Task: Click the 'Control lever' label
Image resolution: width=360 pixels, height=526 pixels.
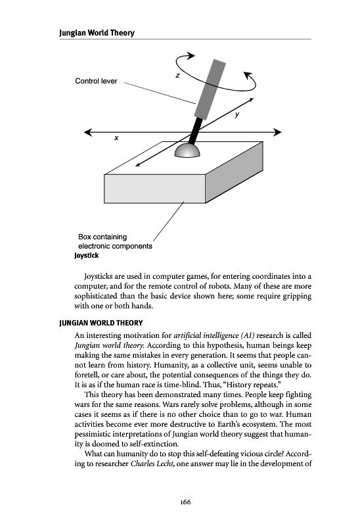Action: (x=96, y=81)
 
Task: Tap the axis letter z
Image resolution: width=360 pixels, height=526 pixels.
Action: (x=177, y=76)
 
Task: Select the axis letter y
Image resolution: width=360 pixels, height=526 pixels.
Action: (x=237, y=114)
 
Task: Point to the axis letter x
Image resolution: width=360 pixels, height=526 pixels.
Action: (x=116, y=137)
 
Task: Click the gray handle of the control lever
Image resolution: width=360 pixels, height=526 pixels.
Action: (x=210, y=89)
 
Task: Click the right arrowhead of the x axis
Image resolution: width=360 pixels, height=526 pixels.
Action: (x=277, y=132)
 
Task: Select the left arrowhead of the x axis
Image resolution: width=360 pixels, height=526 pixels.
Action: (x=88, y=132)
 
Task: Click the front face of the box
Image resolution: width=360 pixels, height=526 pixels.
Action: (x=154, y=189)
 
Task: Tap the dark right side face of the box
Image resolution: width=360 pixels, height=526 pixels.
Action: (x=234, y=172)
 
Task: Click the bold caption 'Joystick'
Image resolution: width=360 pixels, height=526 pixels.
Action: (x=87, y=256)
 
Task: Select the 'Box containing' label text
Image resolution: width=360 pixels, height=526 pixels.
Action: (x=102, y=237)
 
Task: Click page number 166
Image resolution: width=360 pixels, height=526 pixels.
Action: (x=185, y=502)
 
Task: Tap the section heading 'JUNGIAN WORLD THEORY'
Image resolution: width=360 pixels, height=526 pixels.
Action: (x=101, y=323)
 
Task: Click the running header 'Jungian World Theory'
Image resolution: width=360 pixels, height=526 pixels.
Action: (x=97, y=33)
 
